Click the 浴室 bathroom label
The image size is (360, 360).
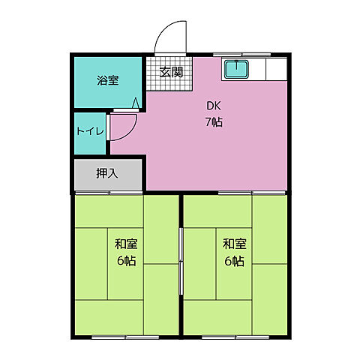[106, 81]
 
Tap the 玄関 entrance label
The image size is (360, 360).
[171, 72]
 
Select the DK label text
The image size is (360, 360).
[214, 106]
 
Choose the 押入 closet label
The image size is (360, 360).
[106, 174]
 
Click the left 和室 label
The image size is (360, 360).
[125, 244]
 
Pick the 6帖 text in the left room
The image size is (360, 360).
[125, 261]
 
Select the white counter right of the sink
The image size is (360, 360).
[274, 70]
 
